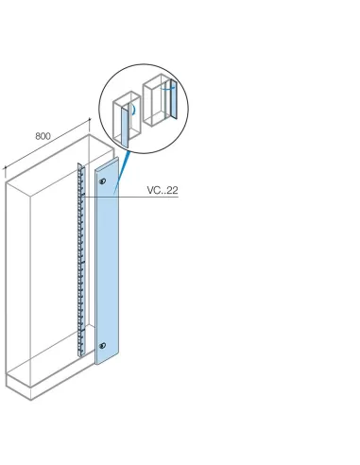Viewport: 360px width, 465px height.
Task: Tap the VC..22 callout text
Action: [163, 191]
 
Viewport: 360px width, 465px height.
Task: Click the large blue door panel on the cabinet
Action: [108, 265]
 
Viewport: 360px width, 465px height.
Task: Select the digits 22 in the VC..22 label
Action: [173, 191]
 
